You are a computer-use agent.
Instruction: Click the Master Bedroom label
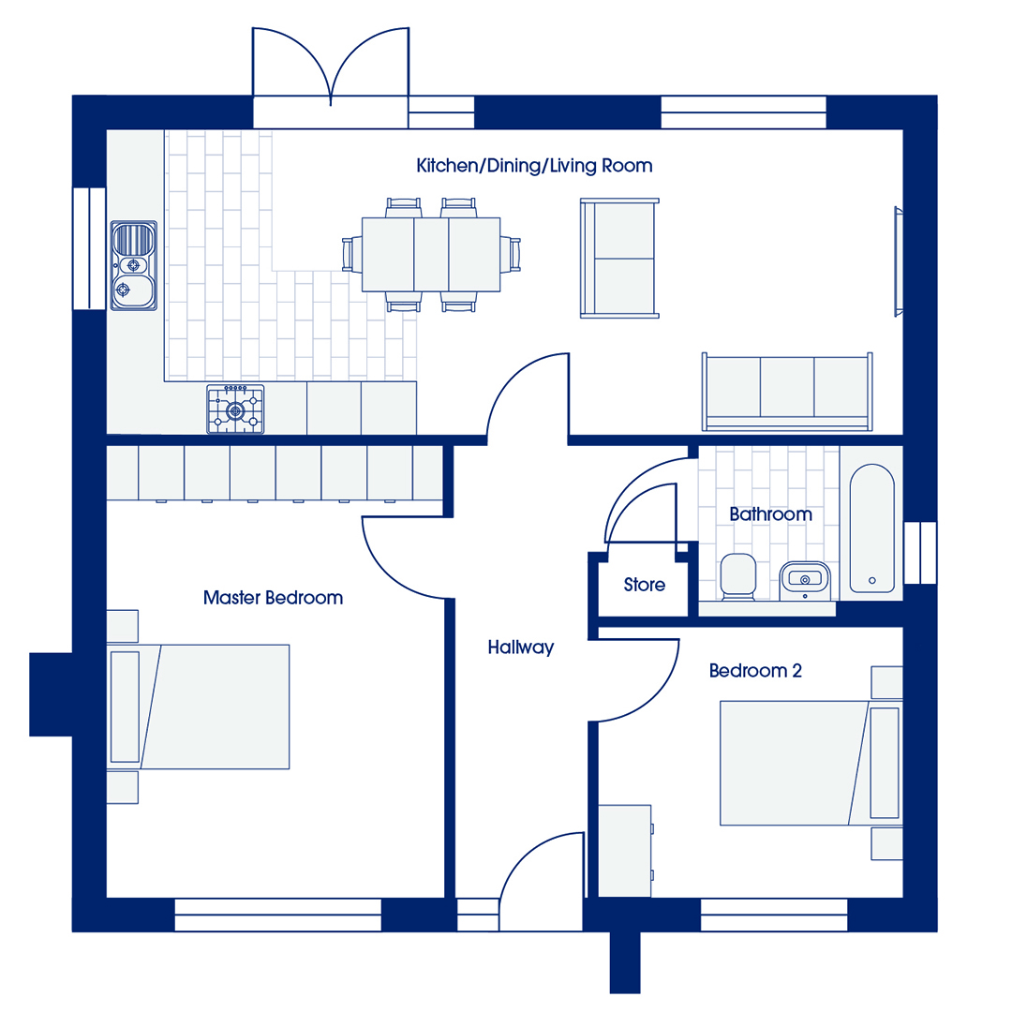(x=273, y=598)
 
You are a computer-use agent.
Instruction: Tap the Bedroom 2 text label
(x=755, y=671)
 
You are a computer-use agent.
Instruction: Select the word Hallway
(x=521, y=647)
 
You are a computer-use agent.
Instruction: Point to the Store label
(x=644, y=585)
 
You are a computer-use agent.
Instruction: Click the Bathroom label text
(x=770, y=514)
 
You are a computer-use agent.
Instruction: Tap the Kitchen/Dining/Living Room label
(x=534, y=166)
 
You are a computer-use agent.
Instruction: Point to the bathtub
(x=872, y=528)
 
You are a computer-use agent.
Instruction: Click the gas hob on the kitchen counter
(x=235, y=409)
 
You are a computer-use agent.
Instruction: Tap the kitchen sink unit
(x=134, y=265)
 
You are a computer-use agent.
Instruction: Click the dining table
(x=431, y=254)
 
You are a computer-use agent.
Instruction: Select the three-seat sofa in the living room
(x=787, y=392)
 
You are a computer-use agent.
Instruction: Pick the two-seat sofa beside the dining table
(x=619, y=259)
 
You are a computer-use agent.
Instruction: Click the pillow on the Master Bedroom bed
(x=126, y=707)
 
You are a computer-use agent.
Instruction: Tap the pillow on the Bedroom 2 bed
(x=885, y=763)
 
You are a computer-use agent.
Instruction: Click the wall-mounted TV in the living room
(x=898, y=261)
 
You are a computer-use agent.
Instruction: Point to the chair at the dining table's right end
(x=511, y=254)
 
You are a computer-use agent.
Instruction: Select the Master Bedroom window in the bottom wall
(x=278, y=915)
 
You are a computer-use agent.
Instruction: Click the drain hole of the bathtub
(x=872, y=581)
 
